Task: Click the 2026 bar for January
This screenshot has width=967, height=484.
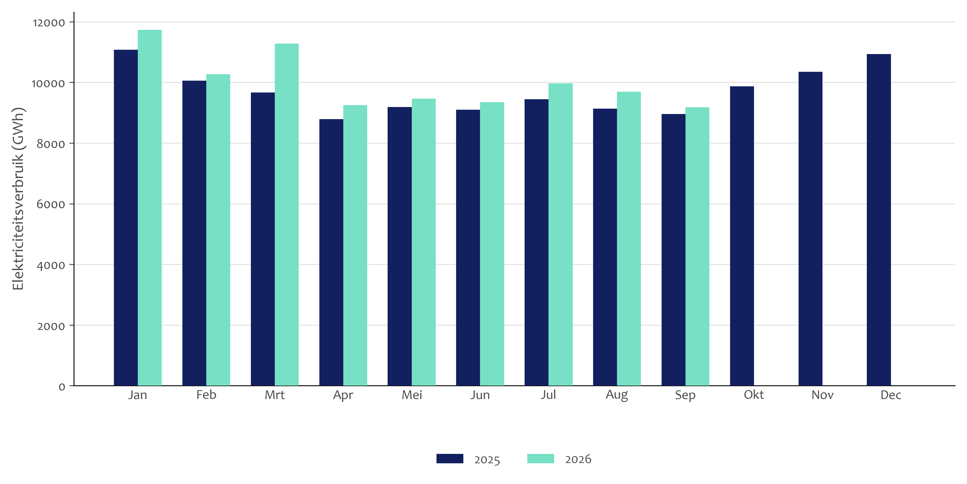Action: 150,208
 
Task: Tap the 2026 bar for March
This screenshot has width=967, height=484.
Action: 287,215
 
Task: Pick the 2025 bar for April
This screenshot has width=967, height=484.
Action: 331,252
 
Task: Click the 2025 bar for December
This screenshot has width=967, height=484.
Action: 879,220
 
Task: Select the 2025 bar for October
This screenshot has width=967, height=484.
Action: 742,236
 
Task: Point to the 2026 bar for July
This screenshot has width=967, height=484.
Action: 560,234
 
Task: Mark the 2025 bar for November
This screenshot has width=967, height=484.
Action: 810,229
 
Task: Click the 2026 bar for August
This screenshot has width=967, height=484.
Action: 629,239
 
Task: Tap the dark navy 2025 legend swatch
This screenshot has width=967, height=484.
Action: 450,458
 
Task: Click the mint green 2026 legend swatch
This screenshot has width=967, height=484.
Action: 540,458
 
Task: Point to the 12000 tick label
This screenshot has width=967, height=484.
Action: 49,23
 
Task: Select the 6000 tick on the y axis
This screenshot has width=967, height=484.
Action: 51,204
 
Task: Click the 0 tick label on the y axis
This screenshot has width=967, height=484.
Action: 62,386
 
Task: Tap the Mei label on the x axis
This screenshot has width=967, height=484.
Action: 412,395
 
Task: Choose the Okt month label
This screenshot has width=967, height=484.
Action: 754,395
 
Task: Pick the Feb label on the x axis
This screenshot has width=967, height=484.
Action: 206,395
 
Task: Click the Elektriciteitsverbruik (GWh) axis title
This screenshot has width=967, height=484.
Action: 18,199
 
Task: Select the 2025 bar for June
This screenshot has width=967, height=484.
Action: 468,248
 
